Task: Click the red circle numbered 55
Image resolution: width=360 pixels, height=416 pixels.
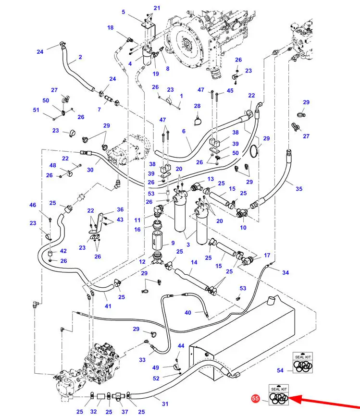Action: click(255, 398)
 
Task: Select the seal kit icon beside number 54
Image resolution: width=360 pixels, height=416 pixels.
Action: click(303, 364)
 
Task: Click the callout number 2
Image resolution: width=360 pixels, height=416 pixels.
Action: click(80, 57)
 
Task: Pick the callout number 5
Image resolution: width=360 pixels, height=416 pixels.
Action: click(124, 12)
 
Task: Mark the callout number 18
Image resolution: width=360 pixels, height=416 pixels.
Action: click(111, 28)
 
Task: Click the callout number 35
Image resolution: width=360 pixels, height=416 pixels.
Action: click(299, 189)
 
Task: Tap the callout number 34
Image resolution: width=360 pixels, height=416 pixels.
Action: click(286, 273)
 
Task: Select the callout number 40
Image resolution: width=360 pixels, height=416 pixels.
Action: click(188, 313)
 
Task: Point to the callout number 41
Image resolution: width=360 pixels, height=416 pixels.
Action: click(108, 306)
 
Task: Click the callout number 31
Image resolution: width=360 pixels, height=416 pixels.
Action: click(165, 404)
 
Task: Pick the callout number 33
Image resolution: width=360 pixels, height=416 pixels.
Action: click(142, 359)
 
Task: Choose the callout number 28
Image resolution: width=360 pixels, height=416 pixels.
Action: click(197, 106)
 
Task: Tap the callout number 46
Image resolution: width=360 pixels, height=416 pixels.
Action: click(33, 205)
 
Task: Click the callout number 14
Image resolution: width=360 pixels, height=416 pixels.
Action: click(194, 262)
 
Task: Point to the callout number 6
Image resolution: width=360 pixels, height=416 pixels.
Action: click(184, 131)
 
